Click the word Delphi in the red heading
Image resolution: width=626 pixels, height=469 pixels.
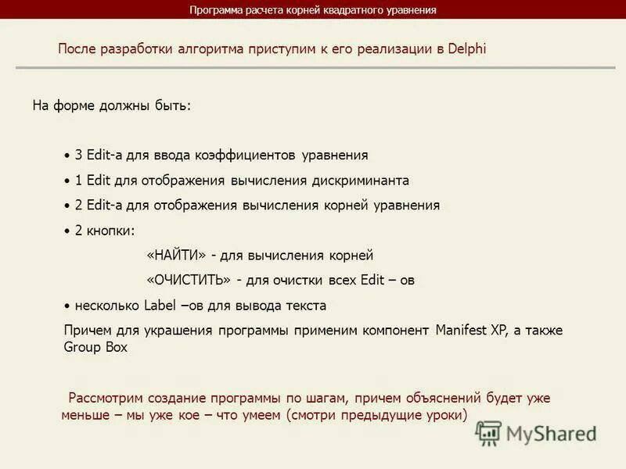(x=467, y=48)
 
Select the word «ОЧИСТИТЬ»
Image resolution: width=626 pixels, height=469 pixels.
(x=188, y=280)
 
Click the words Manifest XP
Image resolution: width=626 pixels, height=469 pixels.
(x=471, y=330)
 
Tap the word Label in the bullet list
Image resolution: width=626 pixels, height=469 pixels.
(x=160, y=305)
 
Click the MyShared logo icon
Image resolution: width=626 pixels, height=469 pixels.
(x=489, y=433)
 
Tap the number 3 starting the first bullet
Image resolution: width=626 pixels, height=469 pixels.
(x=78, y=156)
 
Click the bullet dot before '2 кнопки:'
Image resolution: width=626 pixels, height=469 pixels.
(x=67, y=231)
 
